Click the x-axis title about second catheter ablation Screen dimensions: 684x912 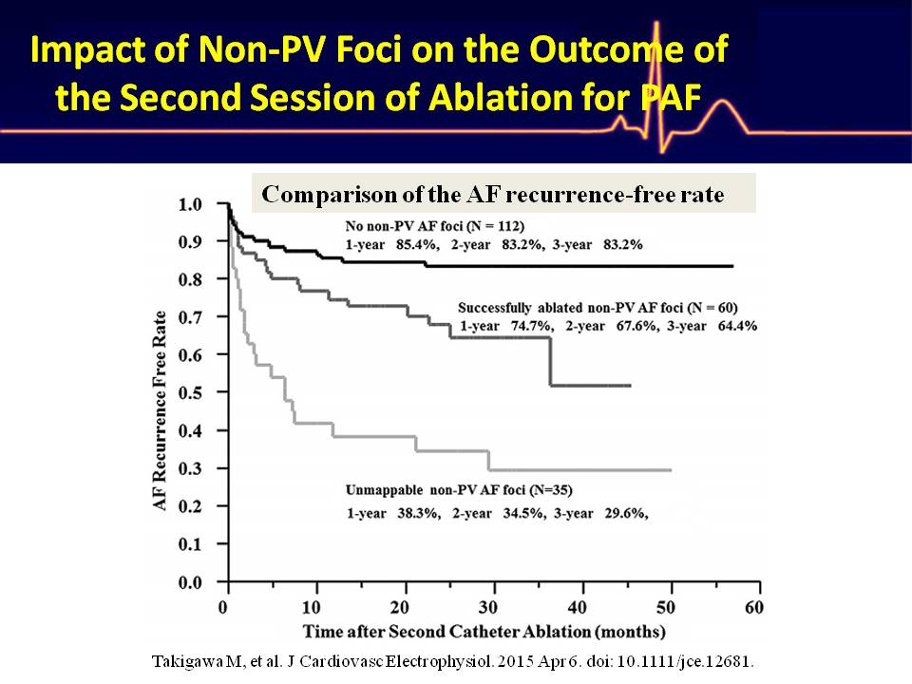click(x=484, y=631)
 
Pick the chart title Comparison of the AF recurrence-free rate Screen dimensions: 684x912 click(x=493, y=195)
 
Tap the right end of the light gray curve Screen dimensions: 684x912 click(x=671, y=470)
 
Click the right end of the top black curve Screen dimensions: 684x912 click(x=731, y=266)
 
